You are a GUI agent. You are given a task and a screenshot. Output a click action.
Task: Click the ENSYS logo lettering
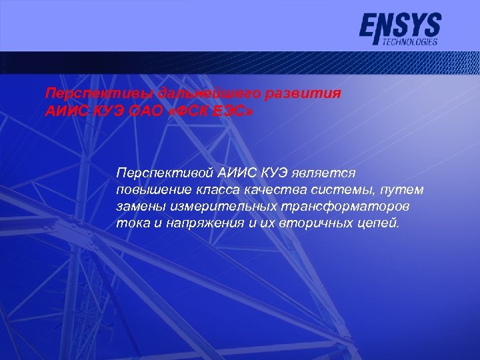click(400, 27)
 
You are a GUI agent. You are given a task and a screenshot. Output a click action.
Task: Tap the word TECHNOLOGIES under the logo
click(411, 41)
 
